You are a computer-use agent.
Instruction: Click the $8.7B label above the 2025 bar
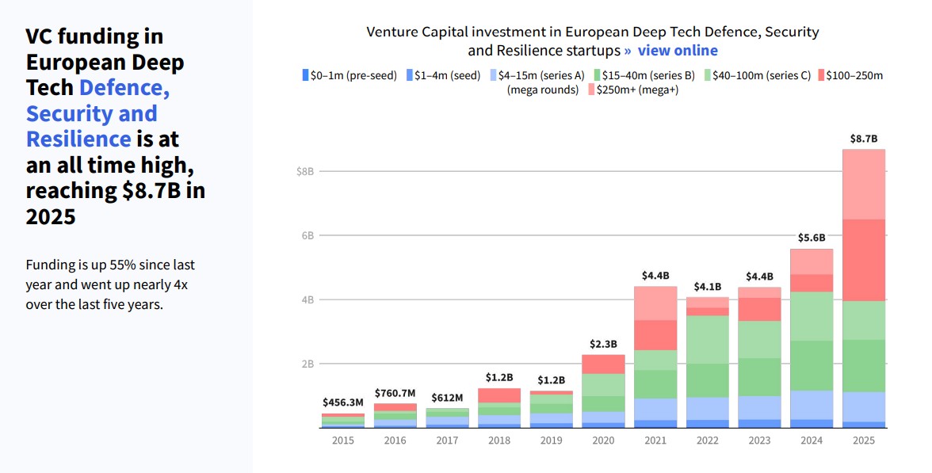[863, 139]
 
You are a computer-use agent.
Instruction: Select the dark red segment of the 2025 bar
[863, 260]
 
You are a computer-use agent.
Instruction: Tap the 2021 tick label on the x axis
[655, 441]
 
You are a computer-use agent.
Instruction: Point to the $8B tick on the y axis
[305, 171]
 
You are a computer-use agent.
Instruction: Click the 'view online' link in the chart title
[677, 51]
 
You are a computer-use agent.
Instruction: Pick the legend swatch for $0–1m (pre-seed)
[305, 76]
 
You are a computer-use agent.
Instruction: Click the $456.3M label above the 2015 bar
[343, 402]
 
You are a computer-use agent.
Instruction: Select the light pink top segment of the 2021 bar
[655, 303]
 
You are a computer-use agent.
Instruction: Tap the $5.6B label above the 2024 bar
[811, 238]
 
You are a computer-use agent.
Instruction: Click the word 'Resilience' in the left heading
[78, 139]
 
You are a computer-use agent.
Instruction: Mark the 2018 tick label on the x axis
[499, 441]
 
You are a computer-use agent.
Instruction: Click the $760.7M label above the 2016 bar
[395, 393]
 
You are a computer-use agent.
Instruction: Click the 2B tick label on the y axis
[306, 364]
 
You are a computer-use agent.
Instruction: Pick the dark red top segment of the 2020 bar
[603, 364]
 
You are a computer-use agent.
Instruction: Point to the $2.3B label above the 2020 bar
[603, 344]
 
